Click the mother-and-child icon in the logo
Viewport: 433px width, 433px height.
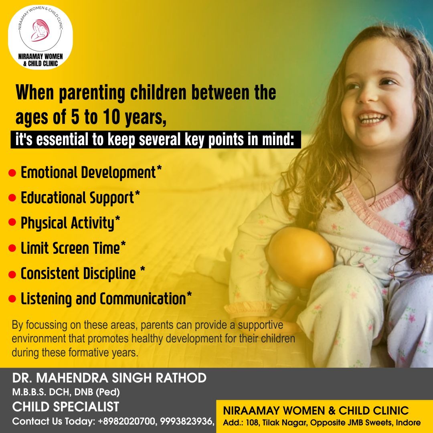[x=40, y=30]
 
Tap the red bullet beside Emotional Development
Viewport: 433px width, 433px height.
[x=12, y=173]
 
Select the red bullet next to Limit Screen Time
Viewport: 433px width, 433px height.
[x=12, y=248]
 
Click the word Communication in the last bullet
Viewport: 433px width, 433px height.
[x=143, y=299]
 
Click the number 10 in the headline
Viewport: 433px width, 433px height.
[x=111, y=117]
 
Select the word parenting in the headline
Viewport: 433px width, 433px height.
[x=92, y=93]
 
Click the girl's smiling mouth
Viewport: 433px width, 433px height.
[x=372, y=118]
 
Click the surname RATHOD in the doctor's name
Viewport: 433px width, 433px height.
[x=181, y=378]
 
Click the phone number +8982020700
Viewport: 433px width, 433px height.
[x=126, y=421]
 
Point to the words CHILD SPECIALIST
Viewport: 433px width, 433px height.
[x=65, y=407]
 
